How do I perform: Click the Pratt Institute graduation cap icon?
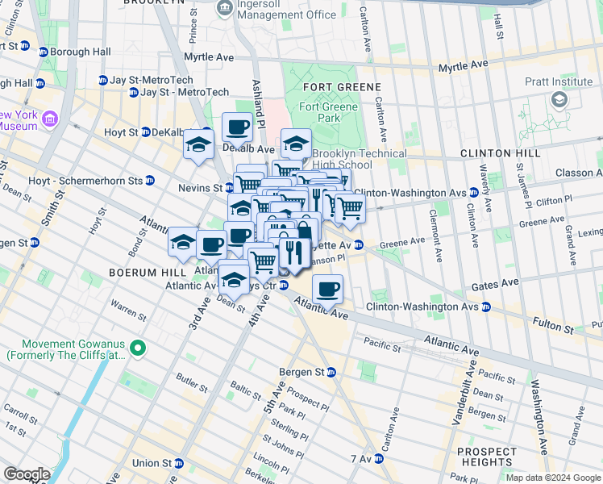point(558,98)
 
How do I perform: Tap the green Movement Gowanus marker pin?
point(139,348)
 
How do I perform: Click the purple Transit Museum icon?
point(50,120)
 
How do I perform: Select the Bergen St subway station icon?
point(331,372)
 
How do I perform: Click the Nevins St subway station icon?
point(229,188)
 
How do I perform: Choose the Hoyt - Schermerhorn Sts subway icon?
point(150,181)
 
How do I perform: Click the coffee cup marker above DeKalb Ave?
point(237,127)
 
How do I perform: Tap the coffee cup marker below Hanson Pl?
point(327,290)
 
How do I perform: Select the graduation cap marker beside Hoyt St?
point(198,146)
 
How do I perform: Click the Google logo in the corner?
point(27,474)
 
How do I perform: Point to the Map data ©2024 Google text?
point(552,478)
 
